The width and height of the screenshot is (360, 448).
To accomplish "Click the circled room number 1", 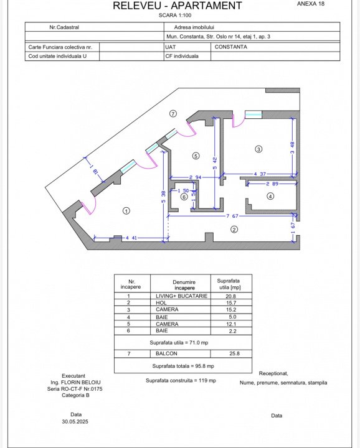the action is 126,211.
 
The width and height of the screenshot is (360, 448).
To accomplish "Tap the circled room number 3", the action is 258,149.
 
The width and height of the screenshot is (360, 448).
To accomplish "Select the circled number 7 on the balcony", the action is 173,113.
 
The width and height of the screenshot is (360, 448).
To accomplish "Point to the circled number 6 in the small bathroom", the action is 184,197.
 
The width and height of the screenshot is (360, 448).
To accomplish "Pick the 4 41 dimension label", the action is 131,238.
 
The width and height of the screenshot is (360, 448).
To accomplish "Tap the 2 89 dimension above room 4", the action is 272,184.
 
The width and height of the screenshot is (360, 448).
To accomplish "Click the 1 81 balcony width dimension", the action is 94,170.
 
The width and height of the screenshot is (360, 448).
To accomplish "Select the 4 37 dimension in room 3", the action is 260,174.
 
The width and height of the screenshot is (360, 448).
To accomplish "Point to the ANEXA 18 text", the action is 311,4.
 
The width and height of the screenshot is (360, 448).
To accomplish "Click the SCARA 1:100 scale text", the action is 175,15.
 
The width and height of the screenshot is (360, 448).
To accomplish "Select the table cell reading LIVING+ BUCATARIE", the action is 182,296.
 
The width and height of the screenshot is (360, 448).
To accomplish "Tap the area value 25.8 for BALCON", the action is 234,353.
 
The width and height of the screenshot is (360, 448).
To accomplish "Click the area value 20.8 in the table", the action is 230,296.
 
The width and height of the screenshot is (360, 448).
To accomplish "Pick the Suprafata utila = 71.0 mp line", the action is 179,343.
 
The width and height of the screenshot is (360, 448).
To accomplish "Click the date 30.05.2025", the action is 75,421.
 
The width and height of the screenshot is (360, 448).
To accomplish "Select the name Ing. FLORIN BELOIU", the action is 75,382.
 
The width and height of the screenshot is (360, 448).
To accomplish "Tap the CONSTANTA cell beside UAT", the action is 230,47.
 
